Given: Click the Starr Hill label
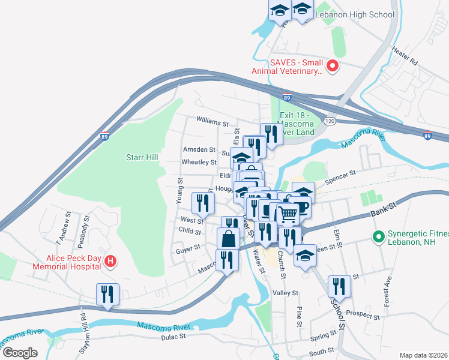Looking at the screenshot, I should click(142, 157).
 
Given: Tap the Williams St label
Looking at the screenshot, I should click(212, 121).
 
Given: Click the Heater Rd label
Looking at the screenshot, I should click(406, 58).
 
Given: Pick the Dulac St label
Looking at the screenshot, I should click(173, 337).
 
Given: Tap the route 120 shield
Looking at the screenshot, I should click(329, 121).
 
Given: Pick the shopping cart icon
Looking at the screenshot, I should click(288, 212).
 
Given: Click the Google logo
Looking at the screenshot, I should click(20, 352).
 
